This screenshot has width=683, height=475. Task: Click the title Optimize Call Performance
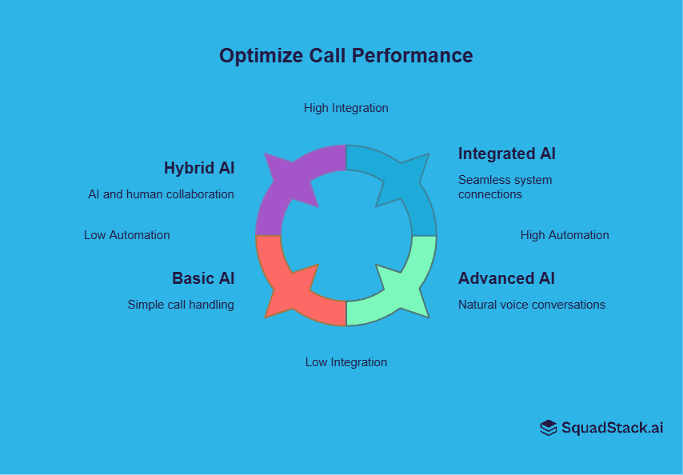pyautogui.click(x=345, y=56)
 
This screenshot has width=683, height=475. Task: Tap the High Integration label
pyautogui.click(x=345, y=108)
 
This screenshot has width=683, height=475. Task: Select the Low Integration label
pyautogui.click(x=345, y=362)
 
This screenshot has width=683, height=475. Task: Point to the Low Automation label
pyautogui.click(x=126, y=235)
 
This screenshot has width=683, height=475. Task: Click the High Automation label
pyautogui.click(x=565, y=235)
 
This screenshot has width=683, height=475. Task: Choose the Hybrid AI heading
pyautogui.click(x=199, y=169)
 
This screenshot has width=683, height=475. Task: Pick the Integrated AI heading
pyautogui.click(x=506, y=154)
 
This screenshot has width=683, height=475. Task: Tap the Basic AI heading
pyautogui.click(x=203, y=278)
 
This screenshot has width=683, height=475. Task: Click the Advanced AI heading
pyautogui.click(x=506, y=278)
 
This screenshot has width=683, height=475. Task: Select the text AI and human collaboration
pyautogui.click(x=161, y=194)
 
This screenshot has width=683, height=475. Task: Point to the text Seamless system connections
pyautogui.click(x=505, y=187)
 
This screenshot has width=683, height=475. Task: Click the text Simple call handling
pyautogui.click(x=181, y=305)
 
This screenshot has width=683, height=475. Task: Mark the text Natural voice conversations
pyautogui.click(x=531, y=305)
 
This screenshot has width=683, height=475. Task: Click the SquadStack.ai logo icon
pyautogui.click(x=548, y=428)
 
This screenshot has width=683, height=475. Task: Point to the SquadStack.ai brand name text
pyautogui.click(x=612, y=428)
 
